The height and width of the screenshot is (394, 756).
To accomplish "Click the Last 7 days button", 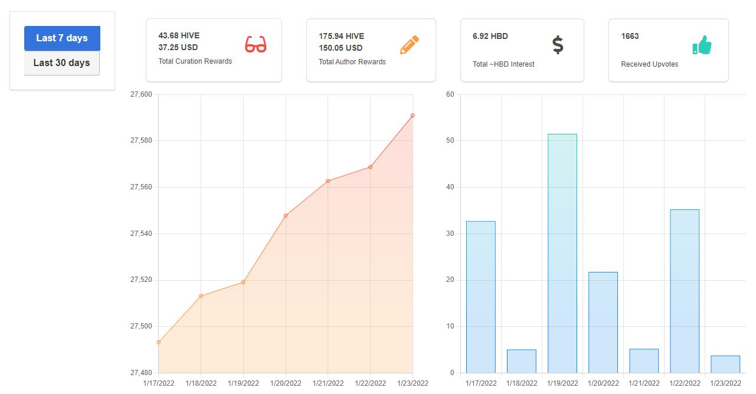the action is click(62, 38).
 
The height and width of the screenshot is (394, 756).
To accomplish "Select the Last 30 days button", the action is click(62, 63).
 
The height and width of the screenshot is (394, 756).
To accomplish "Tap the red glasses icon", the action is click(256, 44).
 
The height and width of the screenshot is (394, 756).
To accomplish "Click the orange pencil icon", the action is click(410, 44).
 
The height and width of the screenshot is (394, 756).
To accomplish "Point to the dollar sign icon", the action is click(558, 45).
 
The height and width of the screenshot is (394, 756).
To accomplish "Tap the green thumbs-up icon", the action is click(702, 45).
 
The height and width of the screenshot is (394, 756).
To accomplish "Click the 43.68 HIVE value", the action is click(179, 35).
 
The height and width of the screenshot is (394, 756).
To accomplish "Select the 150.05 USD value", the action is click(341, 48).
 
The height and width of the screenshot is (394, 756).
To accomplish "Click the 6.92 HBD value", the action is click(490, 36).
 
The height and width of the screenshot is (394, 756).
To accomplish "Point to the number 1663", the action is click(630, 36).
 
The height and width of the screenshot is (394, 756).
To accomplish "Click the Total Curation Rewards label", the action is click(195, 61).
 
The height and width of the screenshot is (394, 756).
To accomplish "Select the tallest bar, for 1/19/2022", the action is click(562, 254).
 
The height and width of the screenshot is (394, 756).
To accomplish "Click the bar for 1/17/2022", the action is click(481, 297).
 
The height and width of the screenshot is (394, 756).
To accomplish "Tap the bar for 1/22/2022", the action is click(685, 291).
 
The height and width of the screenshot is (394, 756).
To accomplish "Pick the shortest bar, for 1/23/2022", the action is click(725, 365).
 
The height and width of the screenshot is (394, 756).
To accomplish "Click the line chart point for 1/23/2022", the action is click(413, 116).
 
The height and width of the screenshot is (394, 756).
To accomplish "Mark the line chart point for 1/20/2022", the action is click(286, 215).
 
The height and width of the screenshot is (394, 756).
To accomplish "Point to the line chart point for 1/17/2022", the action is click(159, 342).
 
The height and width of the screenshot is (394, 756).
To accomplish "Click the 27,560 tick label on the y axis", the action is click(141, 187).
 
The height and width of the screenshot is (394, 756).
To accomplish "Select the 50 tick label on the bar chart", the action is click(450, 140).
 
